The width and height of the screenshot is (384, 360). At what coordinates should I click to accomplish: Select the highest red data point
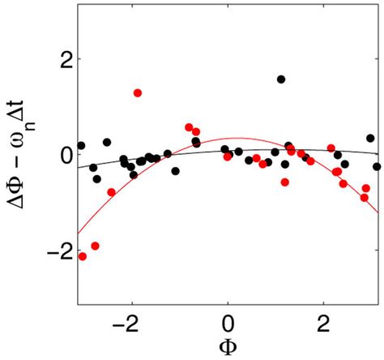138,93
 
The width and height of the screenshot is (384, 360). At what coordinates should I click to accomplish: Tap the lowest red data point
83,256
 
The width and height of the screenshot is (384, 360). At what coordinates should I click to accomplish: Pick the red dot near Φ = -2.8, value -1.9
96,246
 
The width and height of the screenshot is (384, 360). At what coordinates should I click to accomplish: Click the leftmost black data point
81,146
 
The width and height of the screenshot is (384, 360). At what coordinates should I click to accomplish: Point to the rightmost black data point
377,166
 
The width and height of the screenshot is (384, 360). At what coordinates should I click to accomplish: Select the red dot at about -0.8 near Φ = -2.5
111,192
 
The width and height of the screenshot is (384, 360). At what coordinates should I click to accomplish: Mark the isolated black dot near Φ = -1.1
175,171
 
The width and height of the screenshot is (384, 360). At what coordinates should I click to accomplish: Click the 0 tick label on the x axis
228,319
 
